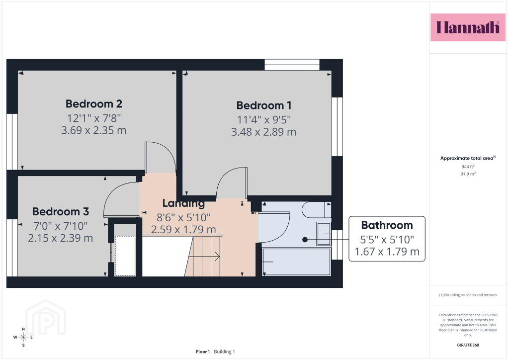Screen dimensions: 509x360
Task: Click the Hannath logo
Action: pyautogui.click(x=468, y=27)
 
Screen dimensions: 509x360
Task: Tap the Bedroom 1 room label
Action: pyautogui.click(x=263, y=105)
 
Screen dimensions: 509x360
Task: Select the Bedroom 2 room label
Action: pyautogui.click(x=94, y=104)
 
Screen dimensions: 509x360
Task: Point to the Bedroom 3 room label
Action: pyautogui.click(x=60, y=212)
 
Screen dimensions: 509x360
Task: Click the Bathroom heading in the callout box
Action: pyautogui.click(x=387, y=225)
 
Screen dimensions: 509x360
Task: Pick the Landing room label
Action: pyautogui.click(x=183, y=203)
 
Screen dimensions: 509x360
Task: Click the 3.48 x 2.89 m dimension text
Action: pyautogui.click(x=263, y=132)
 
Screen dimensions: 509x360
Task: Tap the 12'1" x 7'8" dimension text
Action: pyautogui.click(x=94, y=118)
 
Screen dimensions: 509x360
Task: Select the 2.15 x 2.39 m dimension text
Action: pyautogui.click(x=60, y=238)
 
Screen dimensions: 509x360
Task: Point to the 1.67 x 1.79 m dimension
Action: pyautogui.click(x=387, y=252)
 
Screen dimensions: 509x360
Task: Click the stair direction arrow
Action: pyautogui.click(x=204, y=257)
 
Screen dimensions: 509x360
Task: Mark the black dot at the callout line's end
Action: pyautogui.click(x=305, y=240)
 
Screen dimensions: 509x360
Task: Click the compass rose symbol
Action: pyautogui.click(x=23, y=337)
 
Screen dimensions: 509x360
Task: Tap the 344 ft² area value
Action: pyautogui.click(x=468, y=167)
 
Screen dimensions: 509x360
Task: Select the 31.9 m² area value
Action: pyautogui.click(x=468, y=174)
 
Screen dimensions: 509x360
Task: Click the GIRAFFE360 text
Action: pyautogui.click(x=468, y=345)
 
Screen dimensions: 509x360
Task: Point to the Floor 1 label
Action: pyautogui.click(x=203, y=352)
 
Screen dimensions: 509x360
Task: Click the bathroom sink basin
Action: pyautogui.click(x=324, y=234)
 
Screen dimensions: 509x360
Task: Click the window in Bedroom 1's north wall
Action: pyautogui.click(x=292, y=65)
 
